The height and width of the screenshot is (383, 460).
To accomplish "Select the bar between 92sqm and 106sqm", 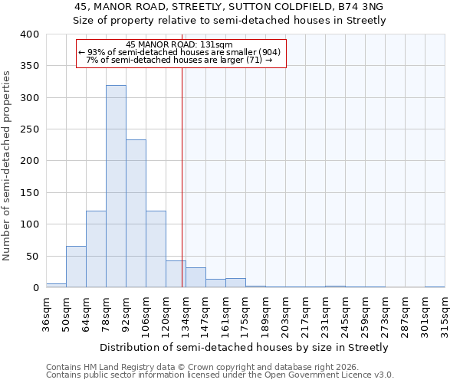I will point(136,214).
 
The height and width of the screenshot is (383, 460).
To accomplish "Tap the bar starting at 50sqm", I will point(76,267).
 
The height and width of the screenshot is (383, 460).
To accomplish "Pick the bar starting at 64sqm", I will point(96,249).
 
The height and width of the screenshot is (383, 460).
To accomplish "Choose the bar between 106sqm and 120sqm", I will point(156,249).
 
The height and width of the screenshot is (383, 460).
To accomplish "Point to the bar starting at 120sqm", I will point(176,274).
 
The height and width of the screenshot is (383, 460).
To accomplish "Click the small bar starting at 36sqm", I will point(56,286).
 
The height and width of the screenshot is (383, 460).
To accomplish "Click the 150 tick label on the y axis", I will point(30,193).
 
